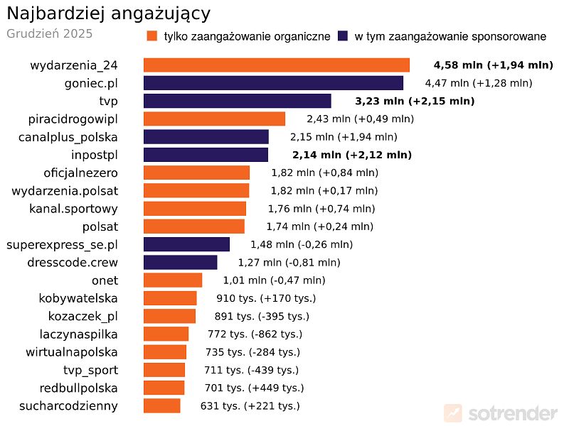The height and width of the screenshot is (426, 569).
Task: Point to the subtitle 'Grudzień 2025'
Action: coord(49,33)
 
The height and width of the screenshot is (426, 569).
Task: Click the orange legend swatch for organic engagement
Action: coord(151,36)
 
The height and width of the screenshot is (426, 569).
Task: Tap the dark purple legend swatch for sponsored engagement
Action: coord(343,36)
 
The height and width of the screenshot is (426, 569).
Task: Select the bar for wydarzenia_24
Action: coord(277,65)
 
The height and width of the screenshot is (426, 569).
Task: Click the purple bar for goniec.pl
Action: coord(273,83)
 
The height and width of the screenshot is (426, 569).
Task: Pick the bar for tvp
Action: coord(238,101)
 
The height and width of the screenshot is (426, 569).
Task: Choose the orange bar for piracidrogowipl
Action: coord(214,119)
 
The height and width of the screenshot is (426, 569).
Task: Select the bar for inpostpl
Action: coord(206,155)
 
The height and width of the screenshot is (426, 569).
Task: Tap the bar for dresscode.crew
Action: coord(180,262)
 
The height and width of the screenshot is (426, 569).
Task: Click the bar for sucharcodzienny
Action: coord(161,405)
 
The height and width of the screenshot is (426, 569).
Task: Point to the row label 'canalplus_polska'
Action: coord(68,137)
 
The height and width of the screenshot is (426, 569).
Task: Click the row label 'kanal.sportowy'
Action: coord(73,209)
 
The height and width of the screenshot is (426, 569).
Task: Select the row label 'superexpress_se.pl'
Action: coord(62,244)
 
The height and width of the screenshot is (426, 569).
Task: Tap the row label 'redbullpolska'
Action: coord(79,388)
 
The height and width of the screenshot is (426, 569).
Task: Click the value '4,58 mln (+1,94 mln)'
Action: coord(493,65)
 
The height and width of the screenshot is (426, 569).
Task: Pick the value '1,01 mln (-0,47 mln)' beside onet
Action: coord(274,280)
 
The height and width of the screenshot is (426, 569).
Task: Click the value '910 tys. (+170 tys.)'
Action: coord(266,298)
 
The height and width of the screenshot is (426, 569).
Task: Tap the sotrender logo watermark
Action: coord(501,413)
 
